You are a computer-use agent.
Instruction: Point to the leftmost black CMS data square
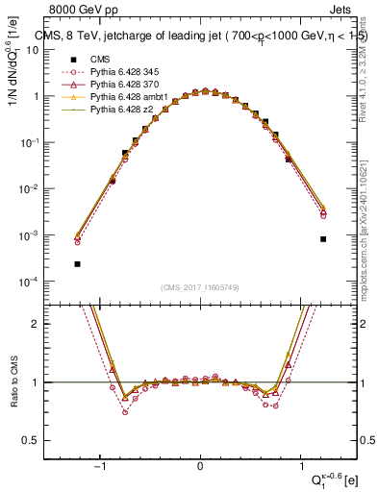tap(77, 263)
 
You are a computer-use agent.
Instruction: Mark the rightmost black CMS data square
tap(323, 239)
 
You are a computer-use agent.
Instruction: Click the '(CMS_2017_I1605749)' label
tap(200, 287)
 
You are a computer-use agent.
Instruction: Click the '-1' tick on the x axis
tap(99, 467)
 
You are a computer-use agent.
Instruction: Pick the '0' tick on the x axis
tap(200, 467)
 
